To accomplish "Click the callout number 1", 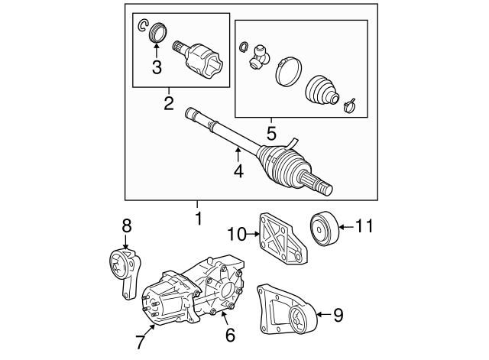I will tap(198, 219).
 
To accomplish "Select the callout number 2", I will tap(169, 101).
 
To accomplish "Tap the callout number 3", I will tap(157, 67).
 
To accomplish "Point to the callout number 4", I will tap(238, 171).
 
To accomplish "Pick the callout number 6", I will tap(230, 334).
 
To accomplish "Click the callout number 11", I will tap(367, 225).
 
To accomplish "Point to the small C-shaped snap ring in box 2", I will tap(141, 28).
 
